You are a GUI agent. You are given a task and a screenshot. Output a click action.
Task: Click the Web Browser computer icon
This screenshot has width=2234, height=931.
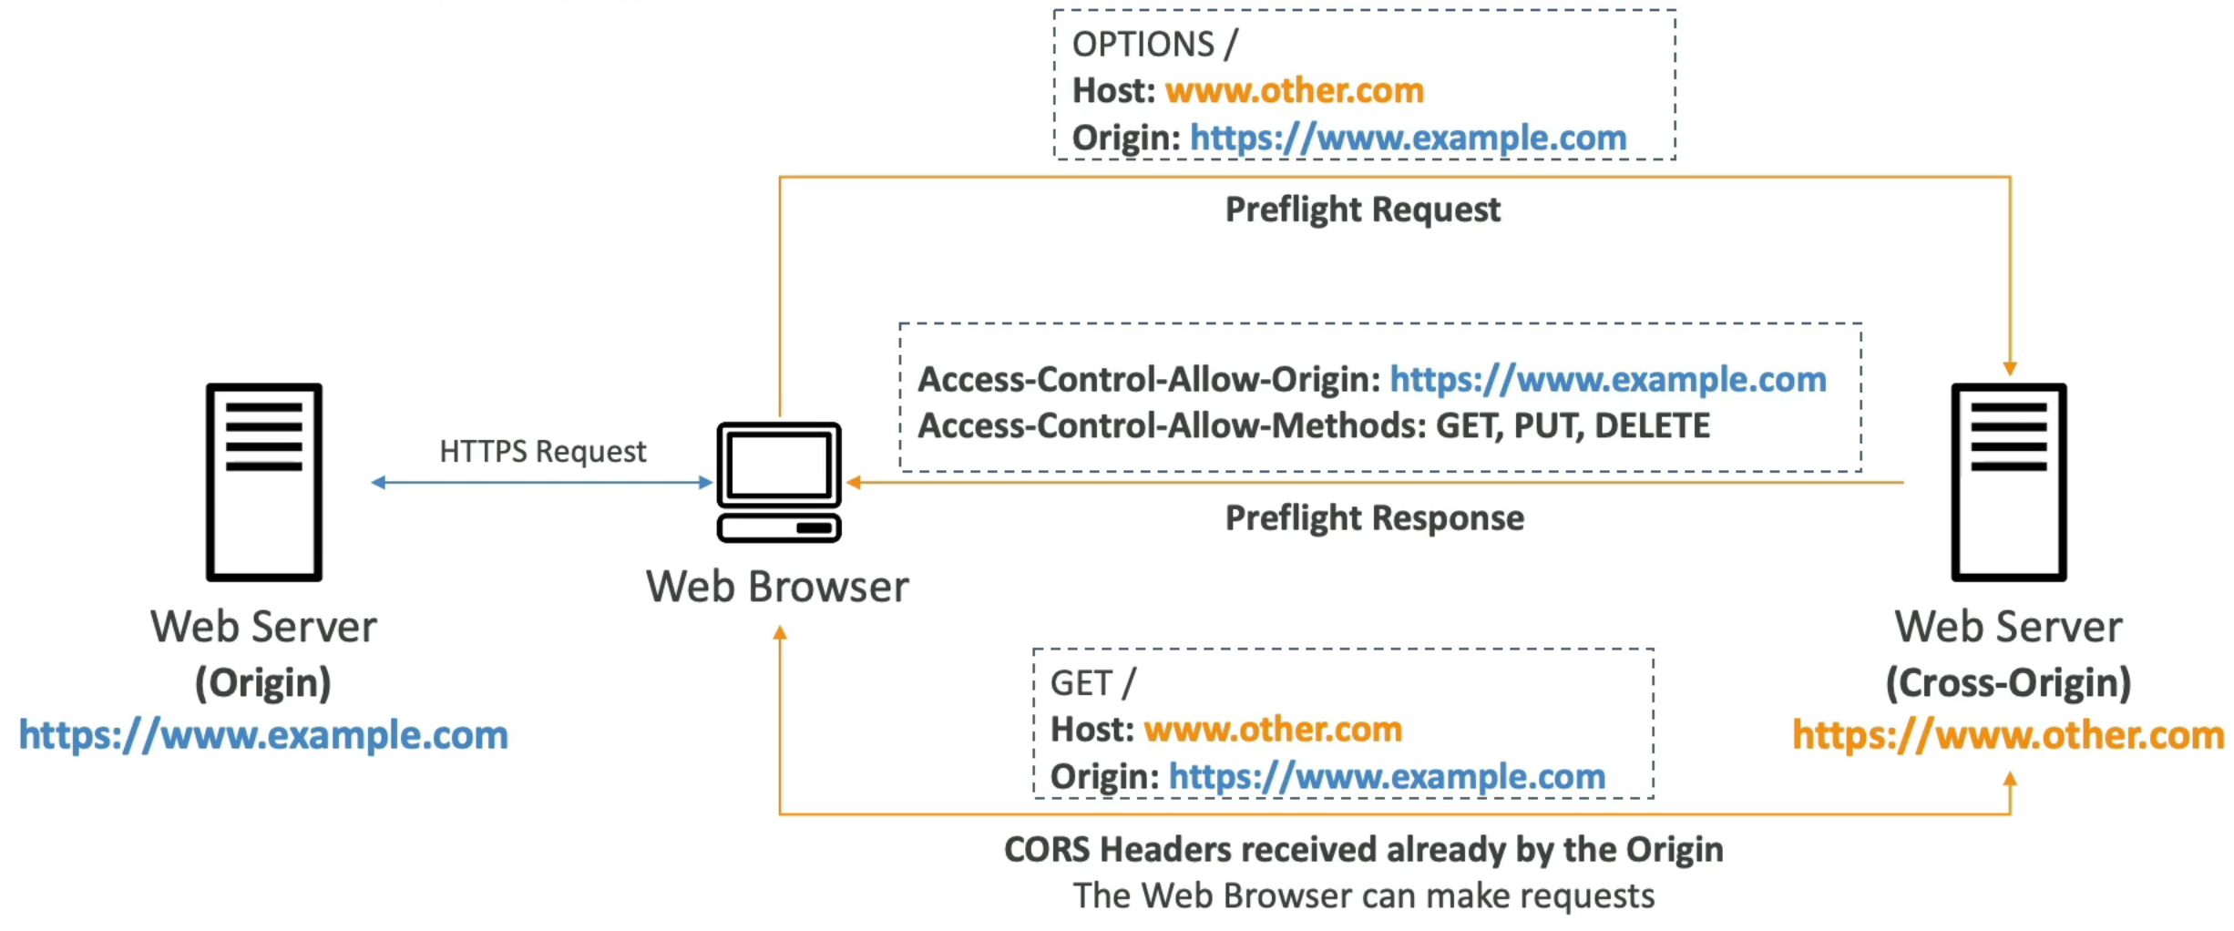778,481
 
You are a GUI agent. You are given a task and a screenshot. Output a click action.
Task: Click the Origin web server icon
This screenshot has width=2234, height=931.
264,481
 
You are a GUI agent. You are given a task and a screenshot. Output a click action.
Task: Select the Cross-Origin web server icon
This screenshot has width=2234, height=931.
2008,481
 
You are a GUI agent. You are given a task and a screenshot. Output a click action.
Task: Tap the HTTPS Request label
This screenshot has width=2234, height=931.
542,451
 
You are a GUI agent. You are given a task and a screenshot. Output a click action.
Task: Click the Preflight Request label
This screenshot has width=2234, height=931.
1361,210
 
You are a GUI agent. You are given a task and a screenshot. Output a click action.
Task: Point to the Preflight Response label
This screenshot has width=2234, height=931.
1373,517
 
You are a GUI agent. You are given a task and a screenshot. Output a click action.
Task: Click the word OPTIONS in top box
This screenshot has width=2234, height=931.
1143,44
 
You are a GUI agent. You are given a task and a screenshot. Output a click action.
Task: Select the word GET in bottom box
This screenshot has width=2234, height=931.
1081,683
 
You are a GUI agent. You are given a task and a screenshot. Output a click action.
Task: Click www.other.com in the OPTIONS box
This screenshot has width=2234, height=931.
1294,90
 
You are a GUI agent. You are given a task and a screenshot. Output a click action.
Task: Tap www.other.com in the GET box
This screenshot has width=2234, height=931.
1272,729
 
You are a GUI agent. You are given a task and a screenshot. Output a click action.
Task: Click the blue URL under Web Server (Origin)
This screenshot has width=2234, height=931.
263,734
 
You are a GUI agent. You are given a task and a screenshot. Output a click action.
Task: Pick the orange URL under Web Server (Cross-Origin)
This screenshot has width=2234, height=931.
2007,734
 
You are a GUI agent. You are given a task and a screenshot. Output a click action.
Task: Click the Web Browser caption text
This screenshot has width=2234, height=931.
777,587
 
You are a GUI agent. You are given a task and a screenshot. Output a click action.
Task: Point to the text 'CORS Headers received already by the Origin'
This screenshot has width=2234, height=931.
1363,849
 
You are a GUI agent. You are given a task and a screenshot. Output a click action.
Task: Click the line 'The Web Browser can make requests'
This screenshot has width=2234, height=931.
1363,895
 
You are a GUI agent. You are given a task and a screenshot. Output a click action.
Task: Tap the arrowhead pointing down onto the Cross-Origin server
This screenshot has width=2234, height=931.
2009,368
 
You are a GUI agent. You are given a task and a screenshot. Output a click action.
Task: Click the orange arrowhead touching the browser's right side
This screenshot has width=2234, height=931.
854,482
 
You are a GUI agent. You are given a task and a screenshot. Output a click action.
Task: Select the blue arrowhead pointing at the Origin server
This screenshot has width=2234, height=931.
378,482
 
